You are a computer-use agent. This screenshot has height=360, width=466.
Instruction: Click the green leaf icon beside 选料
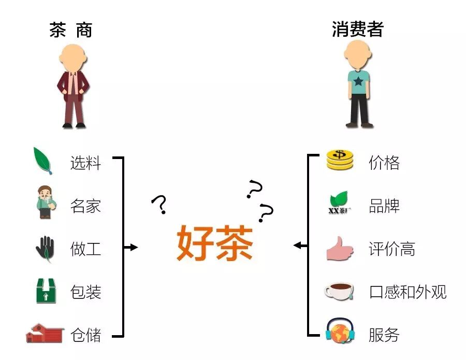coord(43,161)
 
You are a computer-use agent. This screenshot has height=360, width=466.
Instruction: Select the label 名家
coord(85,206)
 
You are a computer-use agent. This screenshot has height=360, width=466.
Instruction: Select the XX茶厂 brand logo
coord(340,203)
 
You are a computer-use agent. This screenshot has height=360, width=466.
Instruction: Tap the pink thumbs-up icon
coord(340,249)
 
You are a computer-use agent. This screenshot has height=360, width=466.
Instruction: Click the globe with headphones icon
coord(340,332)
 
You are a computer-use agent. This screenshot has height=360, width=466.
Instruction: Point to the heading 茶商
coord(70,30)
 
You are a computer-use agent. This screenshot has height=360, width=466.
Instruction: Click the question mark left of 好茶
coord(160,205)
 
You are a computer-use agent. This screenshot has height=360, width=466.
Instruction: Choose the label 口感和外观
coord(407,292)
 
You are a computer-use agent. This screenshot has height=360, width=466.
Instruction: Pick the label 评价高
coord(392,249)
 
